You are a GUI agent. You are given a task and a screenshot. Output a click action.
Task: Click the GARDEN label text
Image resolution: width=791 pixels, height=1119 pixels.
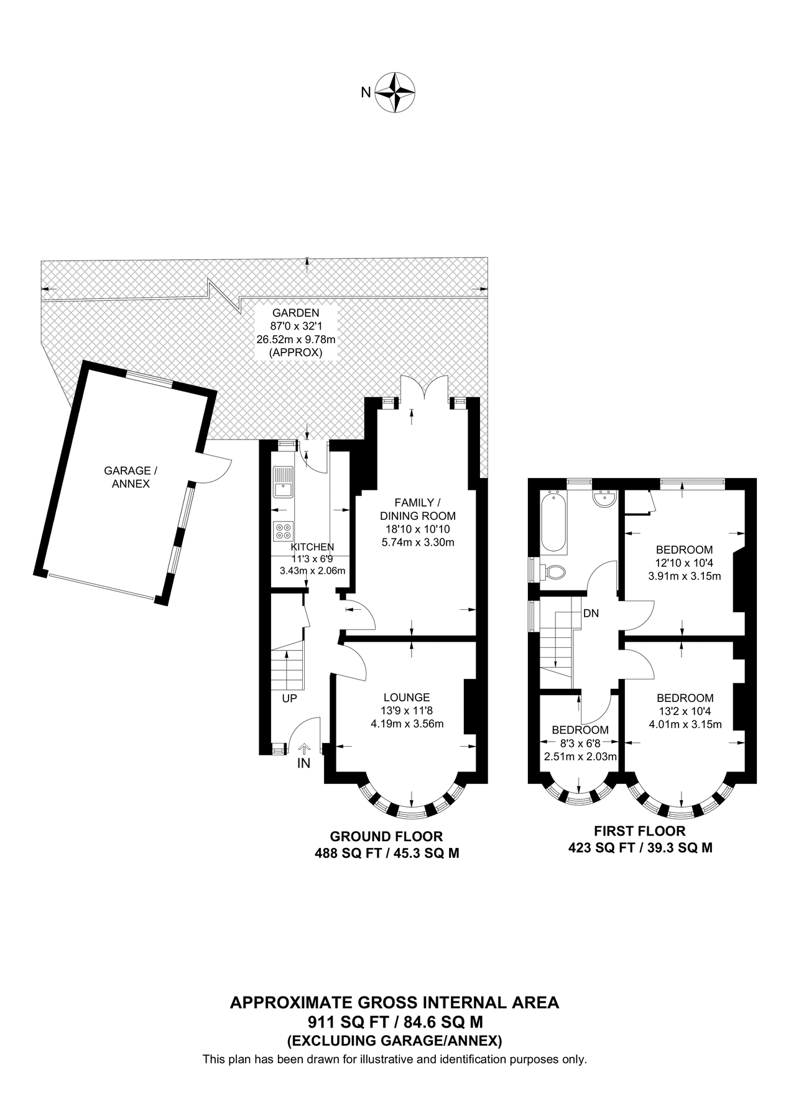295,313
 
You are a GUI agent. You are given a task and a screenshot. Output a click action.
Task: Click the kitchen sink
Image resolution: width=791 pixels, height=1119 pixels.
283,481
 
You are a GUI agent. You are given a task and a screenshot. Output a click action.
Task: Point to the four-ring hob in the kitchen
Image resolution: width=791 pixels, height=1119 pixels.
283,530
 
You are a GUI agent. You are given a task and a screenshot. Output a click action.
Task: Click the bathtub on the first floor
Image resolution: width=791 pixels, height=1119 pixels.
553,522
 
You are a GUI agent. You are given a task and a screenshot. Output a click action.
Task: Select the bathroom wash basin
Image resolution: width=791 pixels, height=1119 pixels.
604,499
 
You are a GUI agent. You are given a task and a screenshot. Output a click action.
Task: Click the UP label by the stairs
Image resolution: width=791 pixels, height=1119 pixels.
289,698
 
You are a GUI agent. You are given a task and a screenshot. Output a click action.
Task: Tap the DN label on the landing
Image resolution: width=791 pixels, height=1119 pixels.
591,613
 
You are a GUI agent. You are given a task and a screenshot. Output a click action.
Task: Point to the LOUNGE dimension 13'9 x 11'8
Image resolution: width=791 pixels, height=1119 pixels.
407,711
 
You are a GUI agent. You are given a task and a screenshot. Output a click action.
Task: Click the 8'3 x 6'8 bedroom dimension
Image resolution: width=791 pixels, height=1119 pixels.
580,743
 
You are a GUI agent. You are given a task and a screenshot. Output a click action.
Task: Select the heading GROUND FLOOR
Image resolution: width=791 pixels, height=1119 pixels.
386,836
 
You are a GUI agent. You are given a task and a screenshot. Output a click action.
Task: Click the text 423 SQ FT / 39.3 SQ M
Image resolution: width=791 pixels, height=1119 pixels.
640,847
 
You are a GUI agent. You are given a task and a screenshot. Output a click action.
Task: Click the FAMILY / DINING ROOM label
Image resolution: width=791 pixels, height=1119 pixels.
417,509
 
